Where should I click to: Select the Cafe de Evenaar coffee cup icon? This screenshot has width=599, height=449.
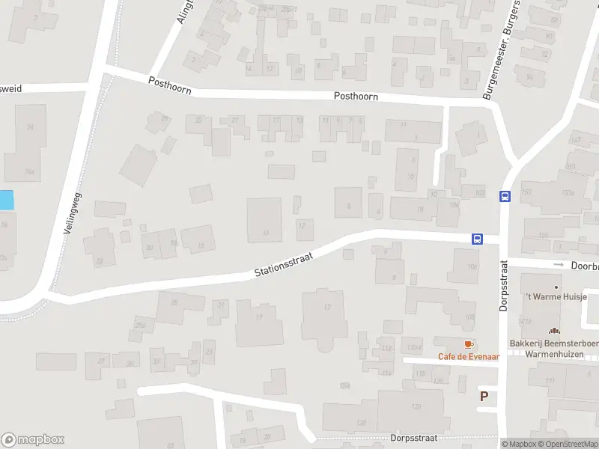point(469,344)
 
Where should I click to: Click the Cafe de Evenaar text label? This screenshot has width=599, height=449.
point(469,357)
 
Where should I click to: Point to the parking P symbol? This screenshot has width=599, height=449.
point(484,397)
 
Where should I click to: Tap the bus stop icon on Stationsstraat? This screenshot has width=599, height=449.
point(476,239)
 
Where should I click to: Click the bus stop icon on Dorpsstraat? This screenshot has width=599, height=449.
point(505,196)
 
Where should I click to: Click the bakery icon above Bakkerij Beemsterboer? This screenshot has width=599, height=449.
point(554,331)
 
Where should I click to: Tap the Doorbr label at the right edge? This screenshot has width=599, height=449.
point(584,265)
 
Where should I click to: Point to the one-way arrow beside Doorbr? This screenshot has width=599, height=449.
point(558,265)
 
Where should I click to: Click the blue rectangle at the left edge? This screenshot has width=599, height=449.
point(6,200)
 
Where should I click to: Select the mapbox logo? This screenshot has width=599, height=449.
point(33,440)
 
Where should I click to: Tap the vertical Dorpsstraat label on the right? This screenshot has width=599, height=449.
point(504,286)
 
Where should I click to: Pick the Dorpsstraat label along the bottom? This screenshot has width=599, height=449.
point(413,439)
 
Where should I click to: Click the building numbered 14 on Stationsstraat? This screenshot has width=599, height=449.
point(265,220)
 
